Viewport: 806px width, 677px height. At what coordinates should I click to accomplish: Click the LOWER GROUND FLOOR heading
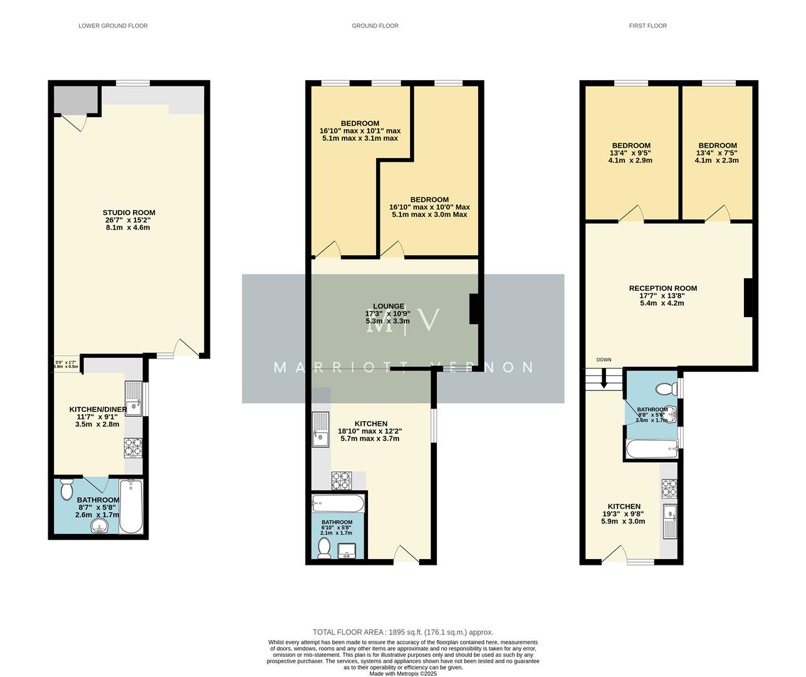113,26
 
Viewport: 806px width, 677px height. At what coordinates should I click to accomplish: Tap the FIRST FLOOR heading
647,26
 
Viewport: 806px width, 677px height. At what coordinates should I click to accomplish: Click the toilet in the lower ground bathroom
67,490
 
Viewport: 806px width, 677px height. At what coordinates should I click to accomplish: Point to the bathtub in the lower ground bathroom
132,506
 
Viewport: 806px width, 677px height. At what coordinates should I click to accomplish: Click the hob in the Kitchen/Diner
133,448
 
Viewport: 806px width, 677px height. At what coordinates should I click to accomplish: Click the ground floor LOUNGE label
389,307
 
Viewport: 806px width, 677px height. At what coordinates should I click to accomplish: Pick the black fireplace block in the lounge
474,309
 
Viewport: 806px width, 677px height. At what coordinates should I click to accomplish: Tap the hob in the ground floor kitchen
341,480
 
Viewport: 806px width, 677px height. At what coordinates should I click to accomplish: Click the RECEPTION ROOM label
662,288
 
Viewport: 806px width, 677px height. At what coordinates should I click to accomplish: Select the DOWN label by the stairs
604,360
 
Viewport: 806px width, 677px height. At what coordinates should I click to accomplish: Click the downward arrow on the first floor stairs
605,379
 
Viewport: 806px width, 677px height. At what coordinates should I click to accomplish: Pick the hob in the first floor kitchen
669,486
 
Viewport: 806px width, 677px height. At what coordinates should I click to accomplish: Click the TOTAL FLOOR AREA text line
403,632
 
